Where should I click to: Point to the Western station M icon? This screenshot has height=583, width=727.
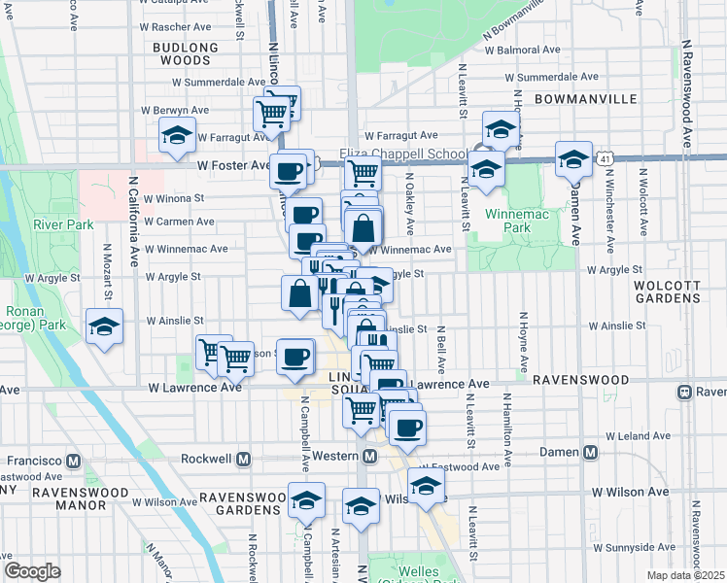coord(370,457)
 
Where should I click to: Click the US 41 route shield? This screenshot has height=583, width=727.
coord(606,156)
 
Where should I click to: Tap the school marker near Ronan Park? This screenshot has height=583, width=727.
coord(103,327)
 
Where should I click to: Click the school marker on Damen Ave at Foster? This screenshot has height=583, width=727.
coord(573,158)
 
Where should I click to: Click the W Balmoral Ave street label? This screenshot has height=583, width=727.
coord(522,49)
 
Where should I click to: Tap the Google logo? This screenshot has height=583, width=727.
coord(32,571)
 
